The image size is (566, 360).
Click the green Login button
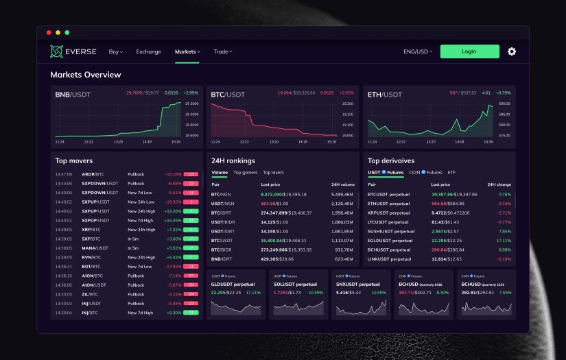pyautogui.click(x=469, y=51)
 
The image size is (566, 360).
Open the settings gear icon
pyautogui.click(x=511, y=51)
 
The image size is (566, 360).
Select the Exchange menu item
pyautogui.click(x=148, y=51)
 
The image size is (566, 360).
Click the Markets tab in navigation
pyautogui.click(x=187, y=51)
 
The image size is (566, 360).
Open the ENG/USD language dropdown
pyautogui.click(x=417, y=51)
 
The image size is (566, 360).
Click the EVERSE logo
pyautogui.click(x=73, y=51)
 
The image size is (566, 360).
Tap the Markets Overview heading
pyautogui.click(x=86, y=75)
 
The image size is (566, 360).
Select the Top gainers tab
pyautogui.click(x=245, y=172)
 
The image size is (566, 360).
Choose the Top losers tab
pyautogui.click(x=273, y=172)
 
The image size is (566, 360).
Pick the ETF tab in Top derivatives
pyautogui.click(x=451, y=172)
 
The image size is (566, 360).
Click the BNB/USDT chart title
pyautogui.click(x=73, y=94)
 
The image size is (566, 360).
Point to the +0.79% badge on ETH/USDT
pyautogui.click(x=503, y=93)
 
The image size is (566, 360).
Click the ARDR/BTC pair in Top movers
pyautogui.click(x=93, y=174)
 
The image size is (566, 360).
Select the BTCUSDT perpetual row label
pyautogui.click(x=388, y=194)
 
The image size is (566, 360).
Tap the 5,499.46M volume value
pyautogui.click(x=343, y=194)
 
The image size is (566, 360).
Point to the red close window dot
pyautogui.click(x=49, y=32)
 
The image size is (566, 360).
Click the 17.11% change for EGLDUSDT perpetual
pyautogui.click(x=504, y=241)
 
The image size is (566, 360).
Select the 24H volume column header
pyautogui.click(x=342, y=184)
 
